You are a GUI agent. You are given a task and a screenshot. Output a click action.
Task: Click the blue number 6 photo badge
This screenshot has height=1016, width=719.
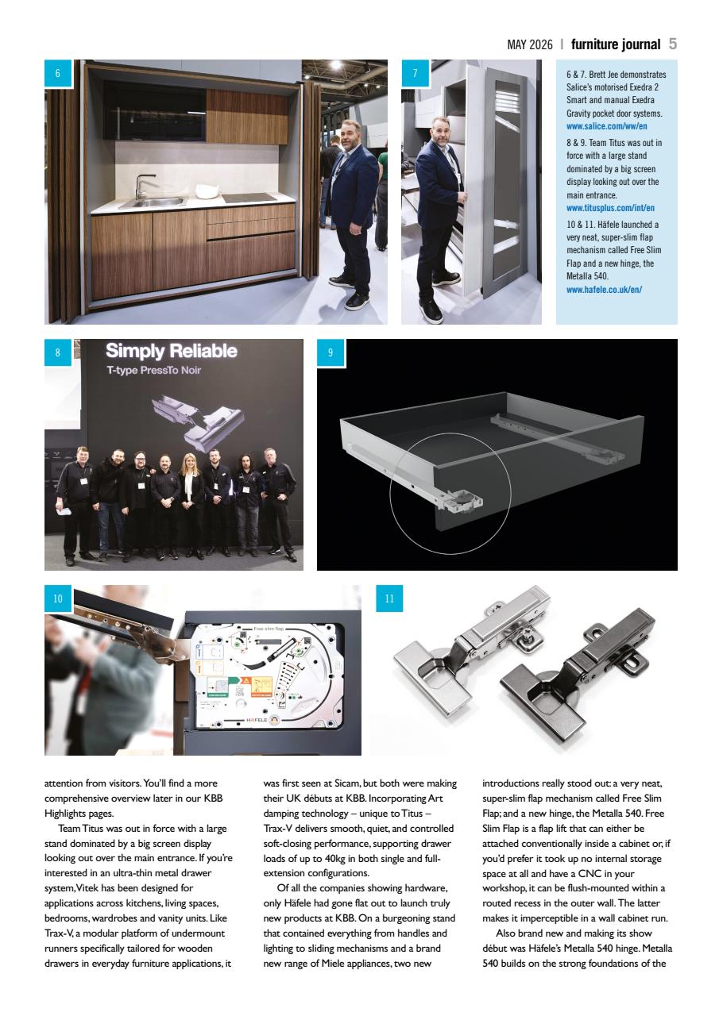[58, 73]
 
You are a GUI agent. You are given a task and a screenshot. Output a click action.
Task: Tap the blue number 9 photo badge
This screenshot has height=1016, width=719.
[331, 353]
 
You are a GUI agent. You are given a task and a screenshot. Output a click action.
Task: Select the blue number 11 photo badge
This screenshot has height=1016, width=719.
[389, 599]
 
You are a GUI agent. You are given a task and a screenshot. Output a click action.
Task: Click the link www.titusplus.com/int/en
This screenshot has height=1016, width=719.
[610, 208]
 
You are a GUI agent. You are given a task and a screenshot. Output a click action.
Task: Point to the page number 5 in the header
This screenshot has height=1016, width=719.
[673, 44]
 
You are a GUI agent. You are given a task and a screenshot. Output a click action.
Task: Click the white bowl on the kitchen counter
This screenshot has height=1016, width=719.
[207, 190]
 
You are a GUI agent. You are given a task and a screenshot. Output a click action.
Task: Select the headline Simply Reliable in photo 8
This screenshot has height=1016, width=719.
[172, 351]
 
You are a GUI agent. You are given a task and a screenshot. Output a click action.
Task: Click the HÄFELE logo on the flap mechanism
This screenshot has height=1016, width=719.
[255, 719]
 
